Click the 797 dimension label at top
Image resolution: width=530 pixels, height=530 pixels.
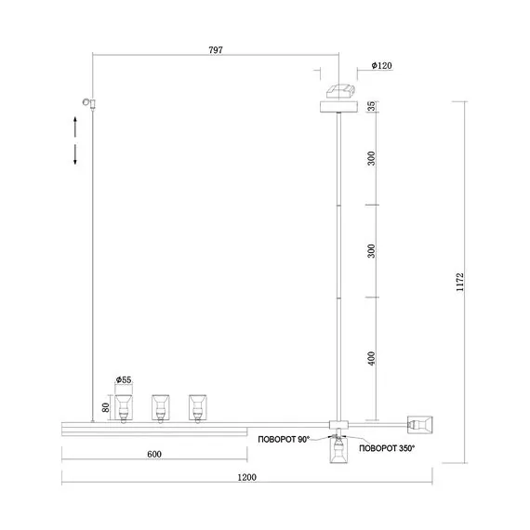coord(216,50)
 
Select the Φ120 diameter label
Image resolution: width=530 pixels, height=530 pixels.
coord(381,65)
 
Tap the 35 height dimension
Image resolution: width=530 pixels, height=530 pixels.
coord(371,106)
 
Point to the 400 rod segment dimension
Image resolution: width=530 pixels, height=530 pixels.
coord(371,359)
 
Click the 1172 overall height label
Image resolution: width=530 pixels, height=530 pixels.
coord(459,283)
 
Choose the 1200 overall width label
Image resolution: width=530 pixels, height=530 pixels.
coord(246,477)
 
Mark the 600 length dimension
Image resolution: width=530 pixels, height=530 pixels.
coord(154,454)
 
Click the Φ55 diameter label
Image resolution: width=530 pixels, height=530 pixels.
coord(124,379)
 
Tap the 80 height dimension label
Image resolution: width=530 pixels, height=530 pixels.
coord(105,407)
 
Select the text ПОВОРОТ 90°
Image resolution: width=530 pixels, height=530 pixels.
coord(284,440)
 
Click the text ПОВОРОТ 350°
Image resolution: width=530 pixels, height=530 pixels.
coord(387,448)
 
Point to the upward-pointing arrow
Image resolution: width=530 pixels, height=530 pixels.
coord(75,126)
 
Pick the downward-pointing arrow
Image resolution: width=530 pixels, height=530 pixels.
coord(75,154)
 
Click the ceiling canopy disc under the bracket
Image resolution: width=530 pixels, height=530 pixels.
coord(338,107)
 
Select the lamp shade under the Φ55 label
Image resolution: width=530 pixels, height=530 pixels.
coord(124,408)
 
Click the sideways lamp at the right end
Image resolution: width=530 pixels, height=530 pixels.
coord(420,424)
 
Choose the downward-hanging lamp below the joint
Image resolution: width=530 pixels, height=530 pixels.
coord(338,448)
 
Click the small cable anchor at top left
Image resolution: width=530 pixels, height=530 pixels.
coord(90,103)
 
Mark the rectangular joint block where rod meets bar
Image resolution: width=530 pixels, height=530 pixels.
coord(338,425)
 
